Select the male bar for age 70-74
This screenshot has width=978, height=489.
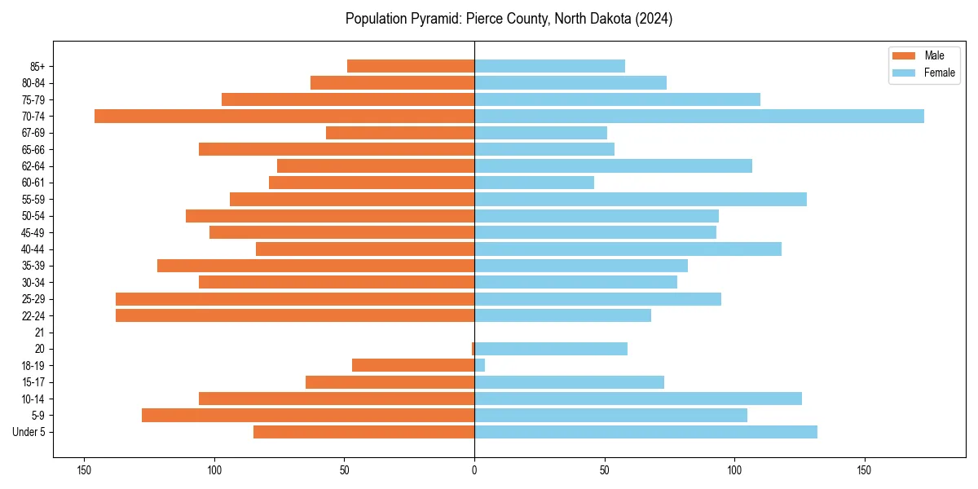284,116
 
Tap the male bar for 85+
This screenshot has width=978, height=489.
411,66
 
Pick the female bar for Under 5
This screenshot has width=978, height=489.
645,432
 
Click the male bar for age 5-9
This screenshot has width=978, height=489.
308,415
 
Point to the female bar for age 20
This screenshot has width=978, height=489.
551,349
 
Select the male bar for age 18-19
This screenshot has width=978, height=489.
413,365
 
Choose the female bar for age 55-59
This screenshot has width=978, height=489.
641,199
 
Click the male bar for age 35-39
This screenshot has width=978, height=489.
315,266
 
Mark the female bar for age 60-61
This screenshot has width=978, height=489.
534,183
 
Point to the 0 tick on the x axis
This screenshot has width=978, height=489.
474,470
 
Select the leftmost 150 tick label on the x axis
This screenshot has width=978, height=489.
83,470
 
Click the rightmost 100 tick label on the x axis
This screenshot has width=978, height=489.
734,470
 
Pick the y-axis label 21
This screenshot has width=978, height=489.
40,333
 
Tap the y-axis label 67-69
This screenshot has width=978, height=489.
33,133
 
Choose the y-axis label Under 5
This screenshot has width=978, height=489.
29,432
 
